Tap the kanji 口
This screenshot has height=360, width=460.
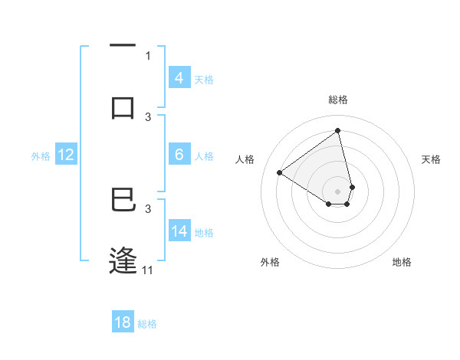123,107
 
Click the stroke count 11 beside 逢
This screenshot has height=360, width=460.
147,270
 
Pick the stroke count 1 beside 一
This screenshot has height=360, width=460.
148,55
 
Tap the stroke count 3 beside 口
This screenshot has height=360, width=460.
148,116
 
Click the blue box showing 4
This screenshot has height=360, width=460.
179,78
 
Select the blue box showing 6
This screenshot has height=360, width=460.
179,155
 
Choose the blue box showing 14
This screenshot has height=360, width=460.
179,231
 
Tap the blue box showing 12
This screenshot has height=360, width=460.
66,155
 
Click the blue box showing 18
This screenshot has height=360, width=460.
123,322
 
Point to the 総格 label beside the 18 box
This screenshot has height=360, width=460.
147,324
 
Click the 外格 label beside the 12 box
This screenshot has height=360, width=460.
41,156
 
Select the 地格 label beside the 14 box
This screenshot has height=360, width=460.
204,233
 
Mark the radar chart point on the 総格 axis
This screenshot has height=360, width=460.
337,130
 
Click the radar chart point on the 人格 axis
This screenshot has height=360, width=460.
279,172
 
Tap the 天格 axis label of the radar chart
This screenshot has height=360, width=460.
431,159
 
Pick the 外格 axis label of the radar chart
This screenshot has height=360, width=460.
270,262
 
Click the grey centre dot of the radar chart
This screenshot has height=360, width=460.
337,191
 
